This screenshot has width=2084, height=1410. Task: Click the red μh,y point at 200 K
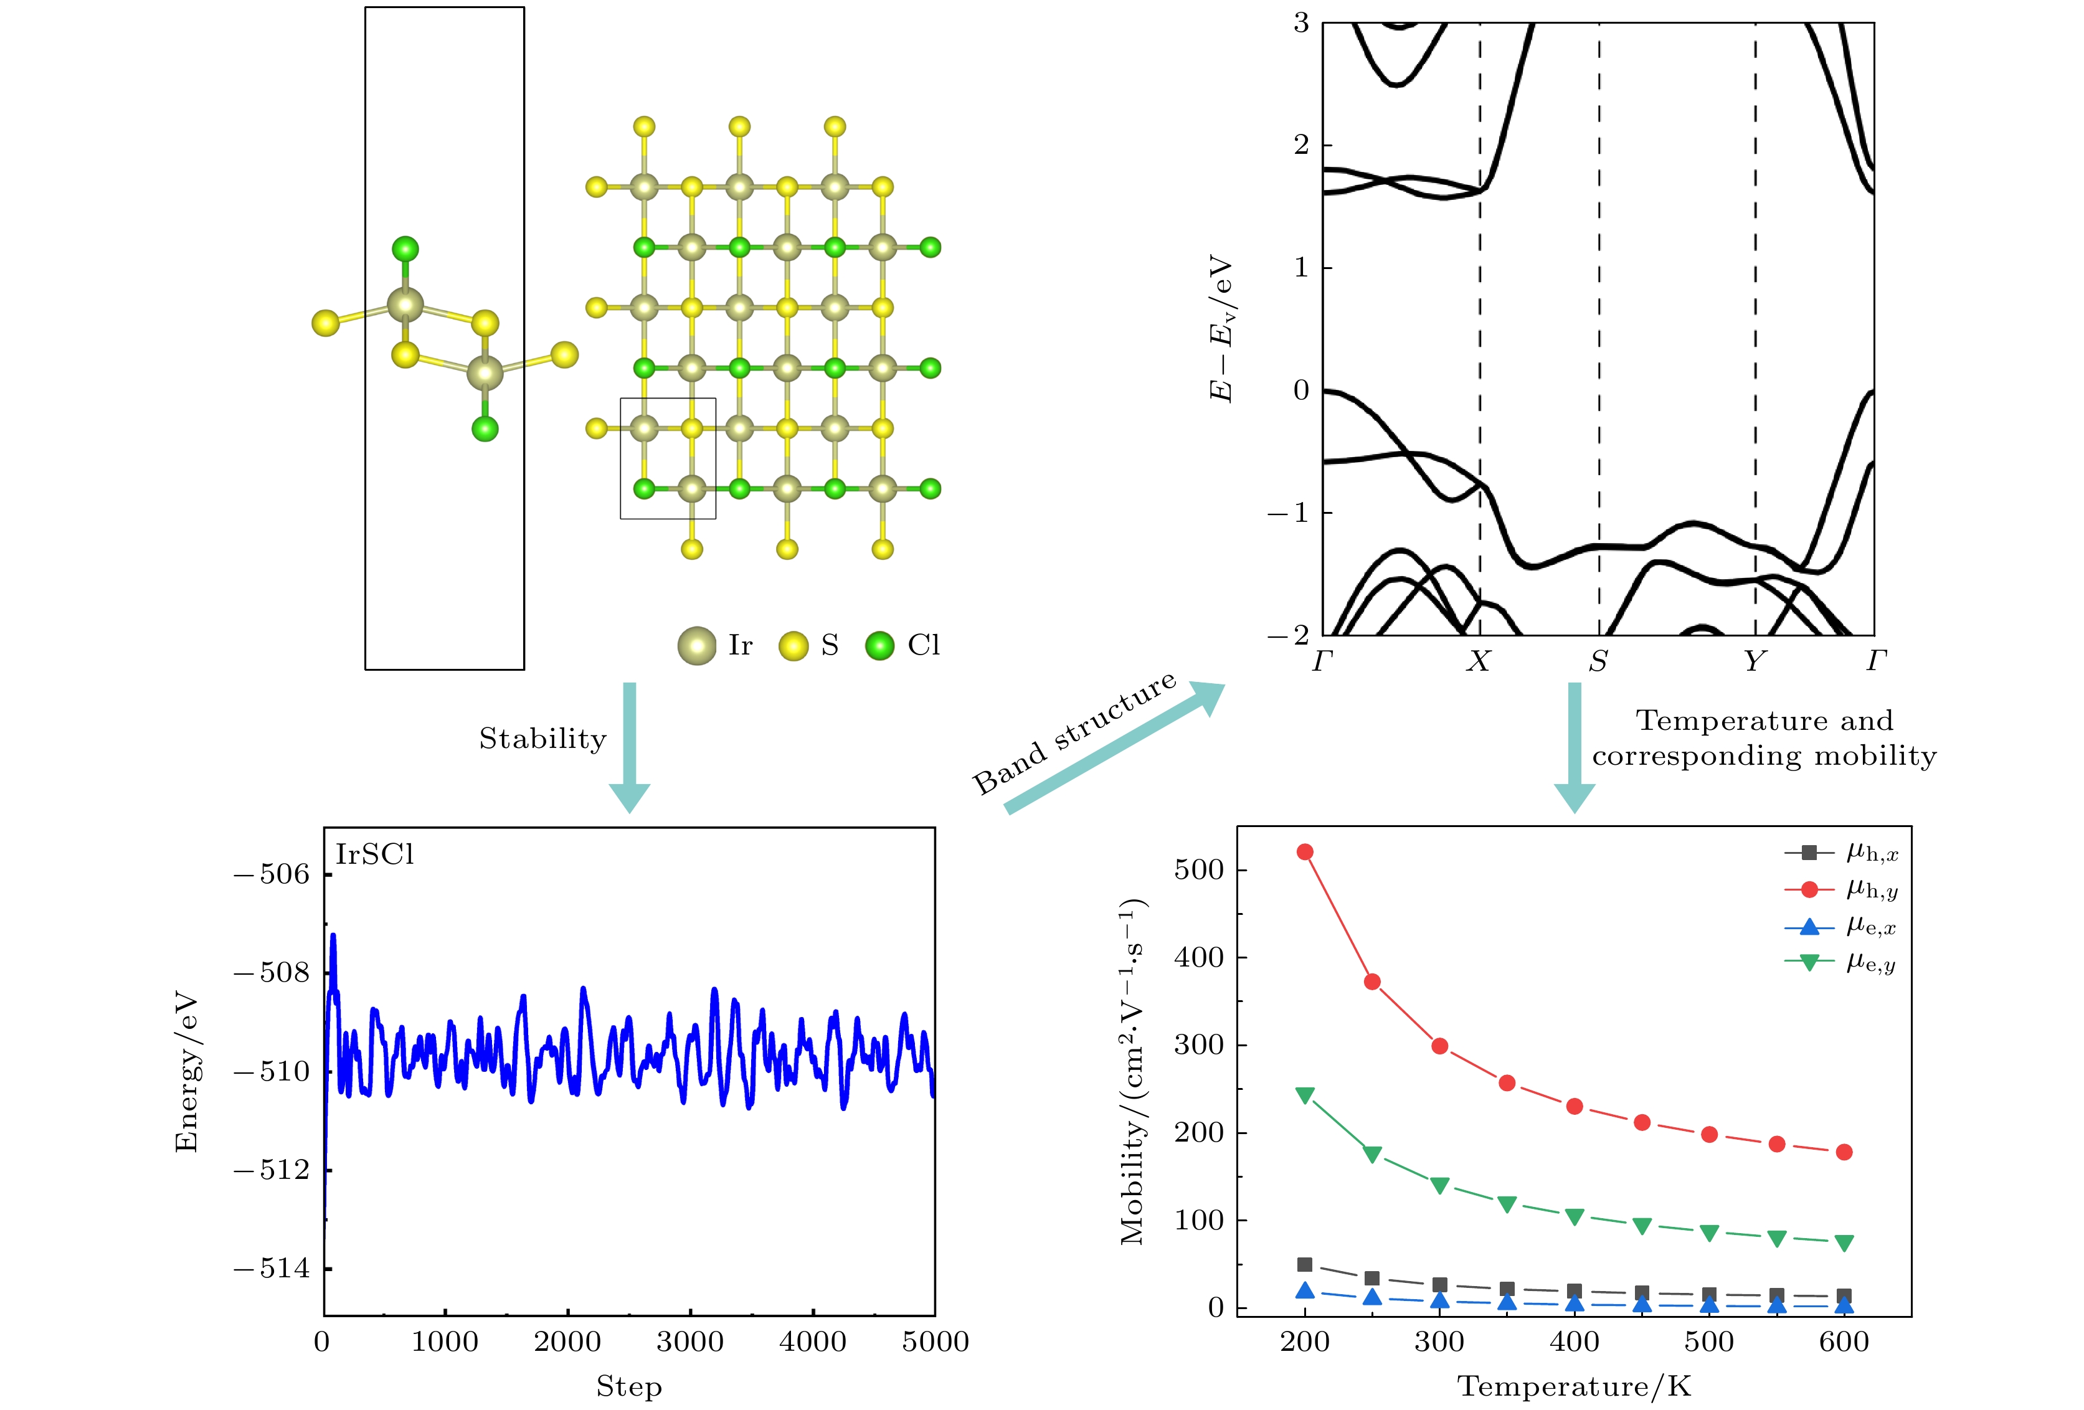coord(1305,851)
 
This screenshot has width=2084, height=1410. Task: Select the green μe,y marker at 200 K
coord(1305,1094)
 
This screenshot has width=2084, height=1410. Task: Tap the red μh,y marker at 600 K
coord(1844,1152)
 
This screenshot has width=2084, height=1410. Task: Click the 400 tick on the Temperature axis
coord(1574,1342)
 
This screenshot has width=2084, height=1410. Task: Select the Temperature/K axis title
coord(1574,1387)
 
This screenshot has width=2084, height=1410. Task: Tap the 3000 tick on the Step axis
coord(689,1342)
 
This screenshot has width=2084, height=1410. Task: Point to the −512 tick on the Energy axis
coord(271,1170)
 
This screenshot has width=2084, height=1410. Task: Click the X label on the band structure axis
coord(1478,661)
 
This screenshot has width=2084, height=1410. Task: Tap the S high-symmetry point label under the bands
coord(1598,661)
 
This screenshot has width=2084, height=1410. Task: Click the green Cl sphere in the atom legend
coord(879,646)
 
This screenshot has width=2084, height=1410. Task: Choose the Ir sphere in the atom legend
coord(697,646)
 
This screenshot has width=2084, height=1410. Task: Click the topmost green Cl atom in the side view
coord(405,248)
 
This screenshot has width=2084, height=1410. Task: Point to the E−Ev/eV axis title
coord(1221,329)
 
